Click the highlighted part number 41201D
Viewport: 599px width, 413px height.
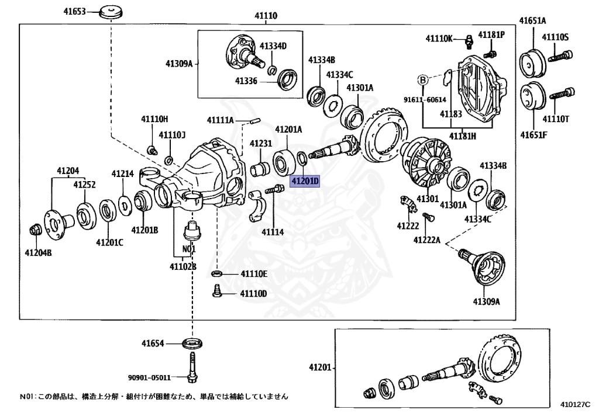[x=305, y=181]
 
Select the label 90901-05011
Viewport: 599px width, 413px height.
[x=149, y=377]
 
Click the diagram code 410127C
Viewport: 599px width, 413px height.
[x=575, y=403]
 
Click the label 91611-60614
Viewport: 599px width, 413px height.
[x=422, y=100]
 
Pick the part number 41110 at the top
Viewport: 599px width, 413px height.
[x=266, y=16]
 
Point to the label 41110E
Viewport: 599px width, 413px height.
[x=253, y=274]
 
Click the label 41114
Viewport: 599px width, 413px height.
[x=273, y=232]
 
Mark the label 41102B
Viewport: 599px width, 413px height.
[x=183, y=267]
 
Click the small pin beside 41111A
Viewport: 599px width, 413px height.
[x=254, y=122]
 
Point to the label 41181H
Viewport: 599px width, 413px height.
[x=462, y=136]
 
